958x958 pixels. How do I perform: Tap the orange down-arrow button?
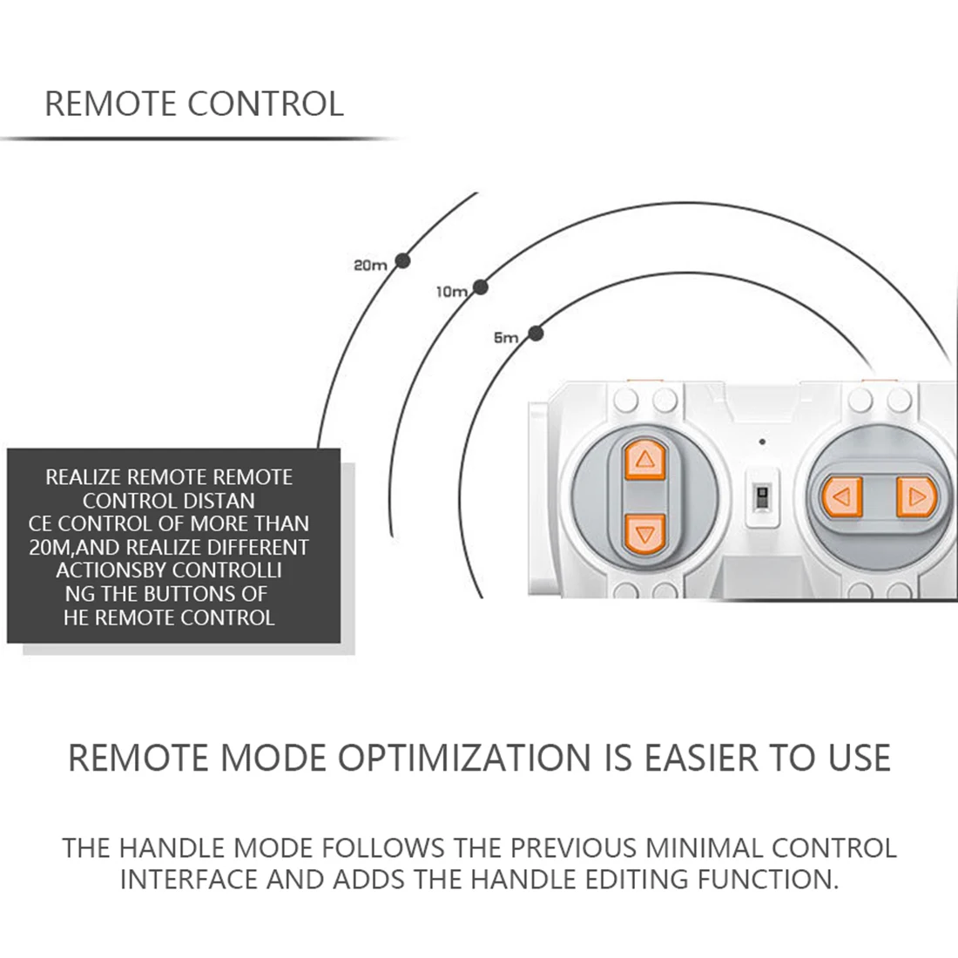(644, 533)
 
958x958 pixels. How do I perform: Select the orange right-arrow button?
(915, 497)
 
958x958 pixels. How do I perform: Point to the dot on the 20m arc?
(402, 260)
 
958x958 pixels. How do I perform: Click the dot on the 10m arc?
(480, 287)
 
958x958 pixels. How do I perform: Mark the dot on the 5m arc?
(536, 333)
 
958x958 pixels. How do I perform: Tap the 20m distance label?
(369, 265)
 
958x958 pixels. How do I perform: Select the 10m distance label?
(451, 293)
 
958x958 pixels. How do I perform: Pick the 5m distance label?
(506, 338)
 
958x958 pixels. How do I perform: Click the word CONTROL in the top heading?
(266, 104)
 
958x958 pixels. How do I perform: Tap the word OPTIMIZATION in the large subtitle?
(464, 758)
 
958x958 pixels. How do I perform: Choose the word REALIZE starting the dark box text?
(84, 477)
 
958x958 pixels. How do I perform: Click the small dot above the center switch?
(763, 442)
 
